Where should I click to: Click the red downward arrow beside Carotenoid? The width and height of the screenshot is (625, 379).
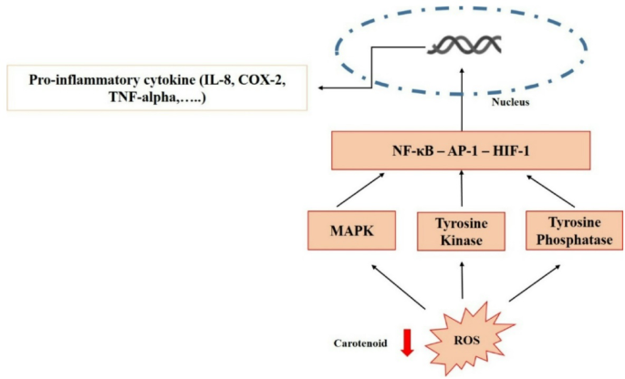(408, 342)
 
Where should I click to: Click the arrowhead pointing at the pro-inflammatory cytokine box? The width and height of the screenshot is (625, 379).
(321, 88)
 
